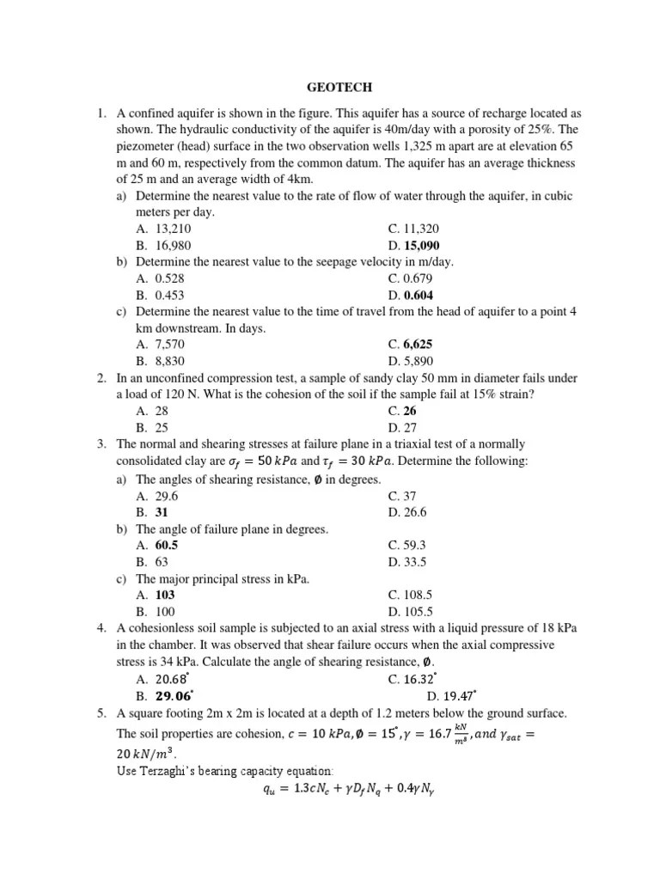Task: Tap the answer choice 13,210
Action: (x=174, y=229)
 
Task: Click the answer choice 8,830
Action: (x=170, y=361)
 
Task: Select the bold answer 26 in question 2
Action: (x=411, y=411)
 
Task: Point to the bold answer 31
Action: (x=162, y=511)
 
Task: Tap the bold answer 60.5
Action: (x=167, y=545)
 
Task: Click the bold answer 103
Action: (x=165, y=595)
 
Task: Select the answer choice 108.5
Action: (x=419, y=595)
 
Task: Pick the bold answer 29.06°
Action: (x=174, y=695)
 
